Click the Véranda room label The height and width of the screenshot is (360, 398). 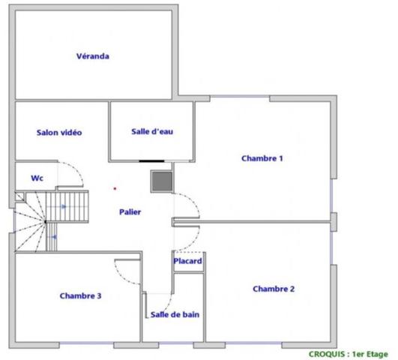[x=93, y=56]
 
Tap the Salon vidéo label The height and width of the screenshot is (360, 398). [x=59, y=132]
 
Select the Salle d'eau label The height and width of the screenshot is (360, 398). [x=152, y=131]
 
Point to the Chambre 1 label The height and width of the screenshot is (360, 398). [x=262, y=158]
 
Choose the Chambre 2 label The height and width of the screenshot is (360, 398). [x=274, y=289]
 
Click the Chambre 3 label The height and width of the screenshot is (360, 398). [x=80, y=295]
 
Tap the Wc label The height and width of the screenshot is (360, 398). [x=37, y=178]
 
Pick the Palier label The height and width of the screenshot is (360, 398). [x=130, y=212]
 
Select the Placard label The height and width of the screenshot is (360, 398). [x=188, y=261]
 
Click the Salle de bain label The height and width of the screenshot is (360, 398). [x=175, y=314]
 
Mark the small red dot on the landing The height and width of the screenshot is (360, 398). [x=115, y=188]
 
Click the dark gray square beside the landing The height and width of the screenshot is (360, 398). [x=162, y=181]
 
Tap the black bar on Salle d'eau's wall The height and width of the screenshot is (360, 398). [x=151, y=161]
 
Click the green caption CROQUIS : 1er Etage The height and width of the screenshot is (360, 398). [x=349, y=354]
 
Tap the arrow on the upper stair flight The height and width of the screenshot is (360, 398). [x=64, y=206]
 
